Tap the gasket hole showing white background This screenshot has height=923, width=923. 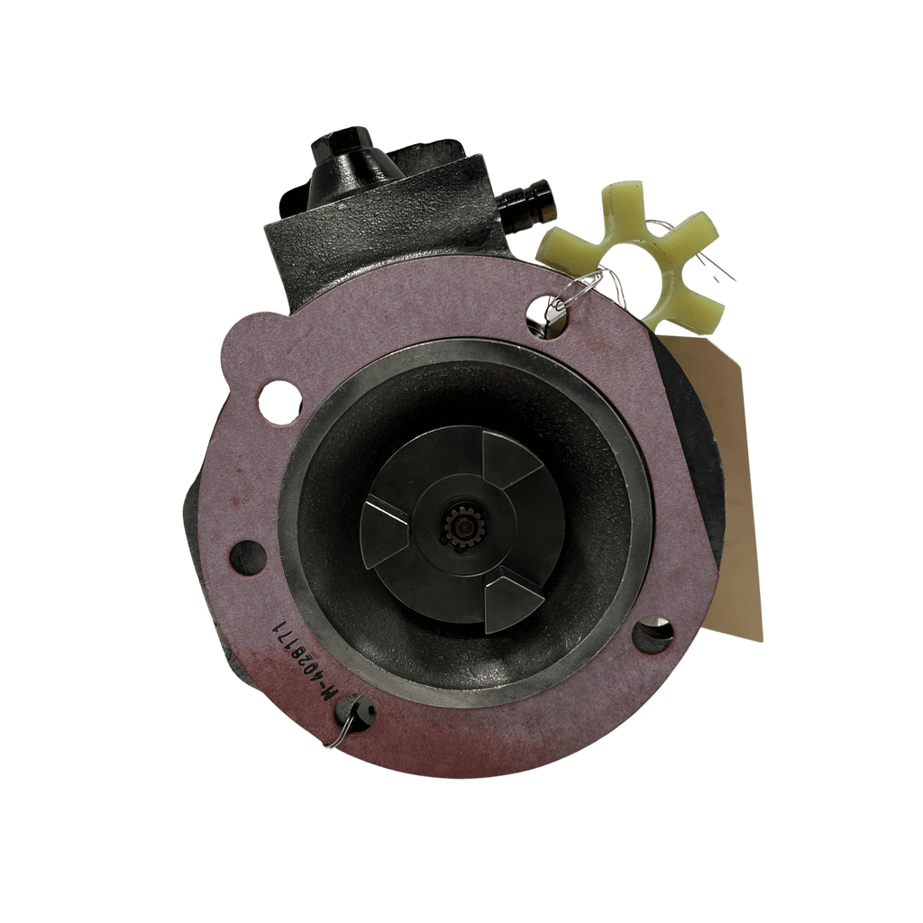pyautogui.click(x=280, y=401)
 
